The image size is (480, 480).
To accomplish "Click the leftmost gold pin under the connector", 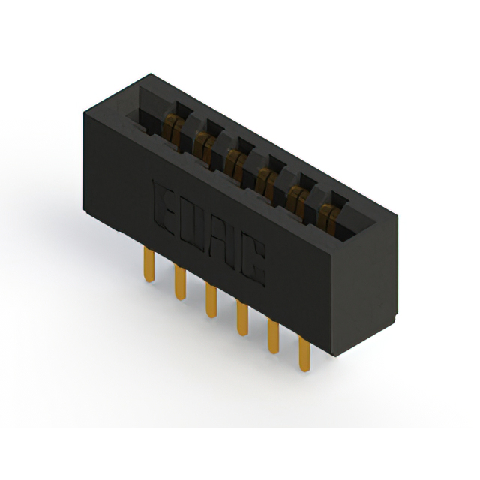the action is point(149,265).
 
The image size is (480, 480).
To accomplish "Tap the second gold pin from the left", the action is point(180,282).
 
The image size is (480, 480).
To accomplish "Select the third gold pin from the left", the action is point(211,300).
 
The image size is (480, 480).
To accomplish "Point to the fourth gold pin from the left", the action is point(242,318).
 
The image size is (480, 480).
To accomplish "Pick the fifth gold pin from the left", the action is point(273,336).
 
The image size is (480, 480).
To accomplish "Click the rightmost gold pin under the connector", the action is point(304,354).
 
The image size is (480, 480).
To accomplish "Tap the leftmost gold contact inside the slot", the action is point(173,130).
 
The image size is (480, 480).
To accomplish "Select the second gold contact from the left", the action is point(205,148).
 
